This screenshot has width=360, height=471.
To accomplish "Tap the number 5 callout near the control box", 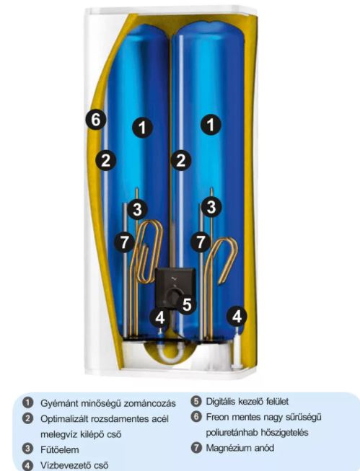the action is tap(187, 304).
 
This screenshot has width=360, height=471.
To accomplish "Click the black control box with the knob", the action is tap(175, 288).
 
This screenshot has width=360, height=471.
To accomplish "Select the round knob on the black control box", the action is tap(174, 296).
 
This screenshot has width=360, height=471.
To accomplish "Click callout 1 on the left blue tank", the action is tap(142, 128).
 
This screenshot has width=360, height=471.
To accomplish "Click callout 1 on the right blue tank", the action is tap(211, 124).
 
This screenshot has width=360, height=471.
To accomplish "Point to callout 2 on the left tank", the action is tap(106, 160).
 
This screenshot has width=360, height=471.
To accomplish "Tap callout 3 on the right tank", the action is tap(211, 207).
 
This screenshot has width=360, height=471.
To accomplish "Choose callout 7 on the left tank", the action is tap(125, 242).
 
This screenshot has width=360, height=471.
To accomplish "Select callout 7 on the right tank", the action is tap(201, 242).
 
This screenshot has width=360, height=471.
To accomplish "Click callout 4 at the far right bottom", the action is tap(237, 316).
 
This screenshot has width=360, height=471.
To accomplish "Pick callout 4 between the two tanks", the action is tap(160, 317).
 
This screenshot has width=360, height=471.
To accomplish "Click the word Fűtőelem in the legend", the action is tap(59, 449).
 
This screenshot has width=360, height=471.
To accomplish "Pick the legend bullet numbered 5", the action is tap(196, 401).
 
